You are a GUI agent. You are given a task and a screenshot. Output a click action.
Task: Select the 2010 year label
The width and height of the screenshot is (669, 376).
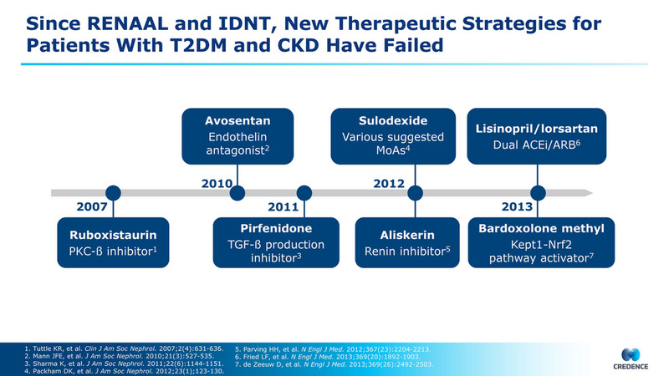(217, 181)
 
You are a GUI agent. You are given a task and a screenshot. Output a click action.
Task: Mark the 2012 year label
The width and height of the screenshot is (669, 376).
(389, 181)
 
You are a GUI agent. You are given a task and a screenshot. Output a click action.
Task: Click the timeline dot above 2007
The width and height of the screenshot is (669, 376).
(114, 193)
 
